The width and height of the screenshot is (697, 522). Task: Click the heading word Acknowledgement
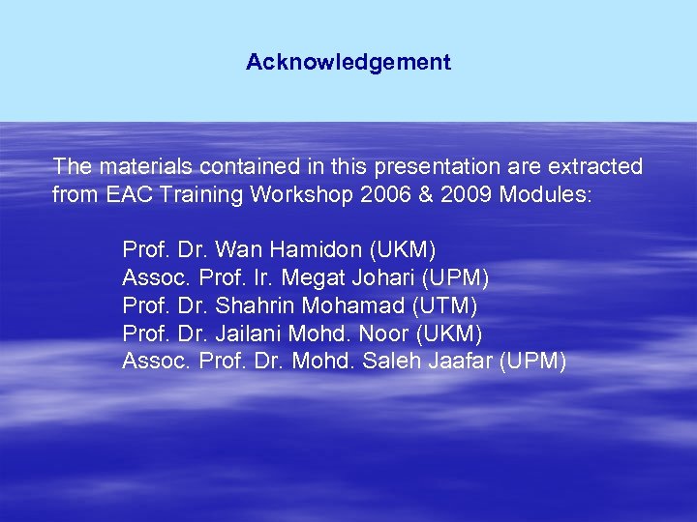[348, 63]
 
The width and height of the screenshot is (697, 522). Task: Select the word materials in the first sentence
[136, 167]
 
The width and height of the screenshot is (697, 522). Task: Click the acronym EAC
[127, 194]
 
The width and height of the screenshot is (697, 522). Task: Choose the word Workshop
[295, 194]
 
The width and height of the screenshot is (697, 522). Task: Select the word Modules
[543, 194]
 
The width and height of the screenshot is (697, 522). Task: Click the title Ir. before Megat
[263, 278]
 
